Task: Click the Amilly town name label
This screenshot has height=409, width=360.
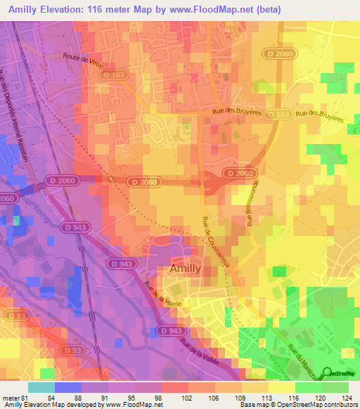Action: click(186, 268)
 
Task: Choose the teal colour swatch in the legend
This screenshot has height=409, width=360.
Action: click(41, 387)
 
